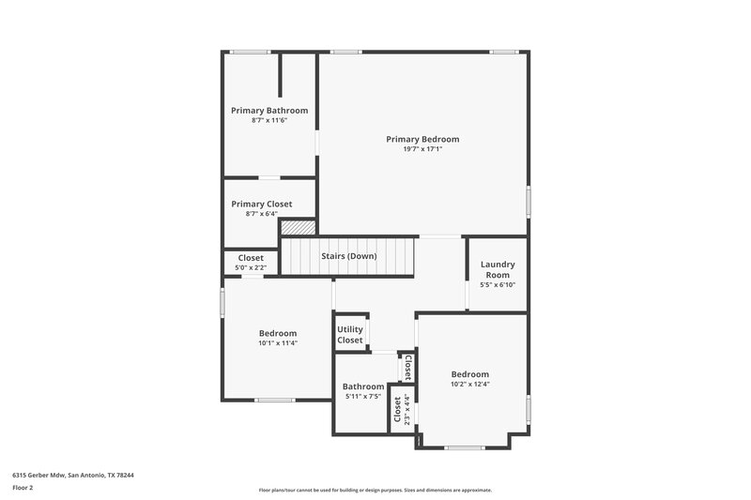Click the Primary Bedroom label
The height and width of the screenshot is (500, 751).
tap(422, 139)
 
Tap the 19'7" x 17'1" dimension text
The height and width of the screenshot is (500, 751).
tap(422, 148)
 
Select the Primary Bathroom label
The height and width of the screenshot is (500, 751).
tap(269, 110)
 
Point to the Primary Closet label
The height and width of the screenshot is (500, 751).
tap(262, 204)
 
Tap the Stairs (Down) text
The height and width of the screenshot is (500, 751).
tap(348, 256)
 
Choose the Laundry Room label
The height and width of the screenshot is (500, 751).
tap(498, 269)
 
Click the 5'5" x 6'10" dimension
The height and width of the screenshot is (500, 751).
tap(498, 284)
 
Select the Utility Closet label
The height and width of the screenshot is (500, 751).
tap(350, 335)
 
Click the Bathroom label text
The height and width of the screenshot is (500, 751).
tap(362, 386)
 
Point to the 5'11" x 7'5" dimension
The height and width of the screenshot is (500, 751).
tap(362, 396)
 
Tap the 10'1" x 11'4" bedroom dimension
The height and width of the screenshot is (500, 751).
tap(278, 342)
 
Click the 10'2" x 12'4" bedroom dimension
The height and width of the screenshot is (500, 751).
tap(469, 383)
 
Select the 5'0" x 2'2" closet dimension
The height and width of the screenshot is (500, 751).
tap(251, 267)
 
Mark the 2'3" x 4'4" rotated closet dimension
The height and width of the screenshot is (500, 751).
tap(407, 410)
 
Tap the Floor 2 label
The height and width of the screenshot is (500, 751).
tap(23, 488)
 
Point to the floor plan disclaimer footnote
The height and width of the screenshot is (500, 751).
tap(375, 490)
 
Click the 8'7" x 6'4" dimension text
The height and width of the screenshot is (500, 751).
tap(262, 213)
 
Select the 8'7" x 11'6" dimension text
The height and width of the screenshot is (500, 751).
tap(269, 120)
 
